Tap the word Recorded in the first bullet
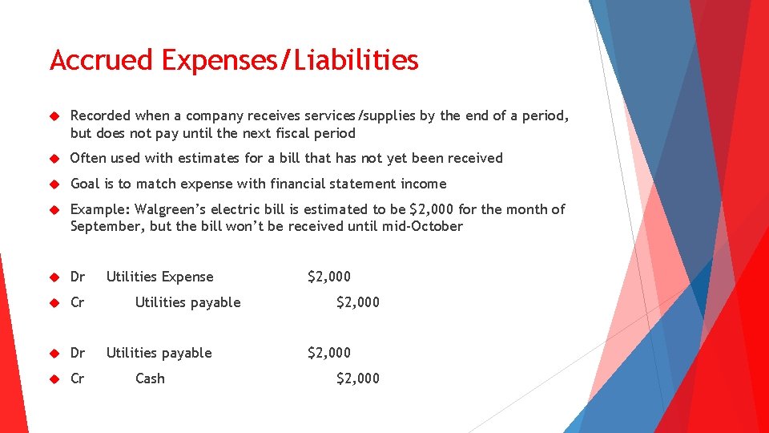pyautogui.click(x=100, y=115)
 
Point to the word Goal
pyautogui.click(x=86, y=184)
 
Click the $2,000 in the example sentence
pyautogui.click(x=432, y=209)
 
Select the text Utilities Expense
pyautogui.click(x=159, y=277)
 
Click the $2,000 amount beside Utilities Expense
pyautogui.click(x=329, y=277)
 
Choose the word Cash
pyautogui.click(x=150, y=378)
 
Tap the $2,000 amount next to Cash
pyautogui.click(x=358, y=378)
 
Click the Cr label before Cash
pyautogui.click(x=78, y=378)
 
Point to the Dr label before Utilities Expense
pyautogui.click(x=78, y=277)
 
